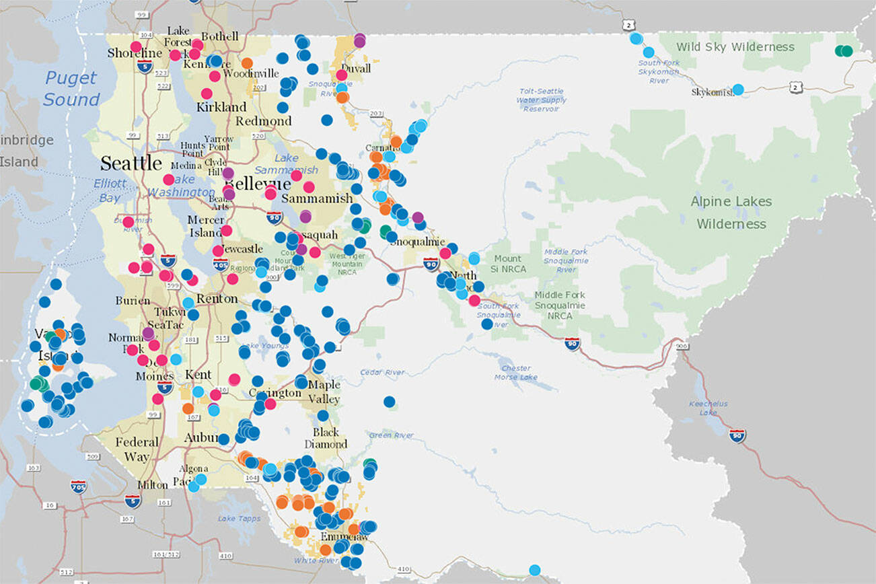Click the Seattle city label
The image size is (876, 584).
[131, 163]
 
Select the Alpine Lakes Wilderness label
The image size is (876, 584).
[731, 212]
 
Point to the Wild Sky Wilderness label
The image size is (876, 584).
[735, 47]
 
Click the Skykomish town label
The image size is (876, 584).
[713, 92]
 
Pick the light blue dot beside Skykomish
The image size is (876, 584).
[738, 89]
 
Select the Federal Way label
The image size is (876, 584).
[137, 449]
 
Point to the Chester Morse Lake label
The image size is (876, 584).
[515, 373]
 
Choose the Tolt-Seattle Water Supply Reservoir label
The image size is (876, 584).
[541, 100]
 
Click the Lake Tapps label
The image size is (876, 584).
[235, 518]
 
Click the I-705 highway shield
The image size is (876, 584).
[79, 486]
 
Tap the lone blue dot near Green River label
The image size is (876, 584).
[389, 402]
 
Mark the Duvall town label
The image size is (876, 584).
[355, 69]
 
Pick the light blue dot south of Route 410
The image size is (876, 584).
[534, 570]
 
